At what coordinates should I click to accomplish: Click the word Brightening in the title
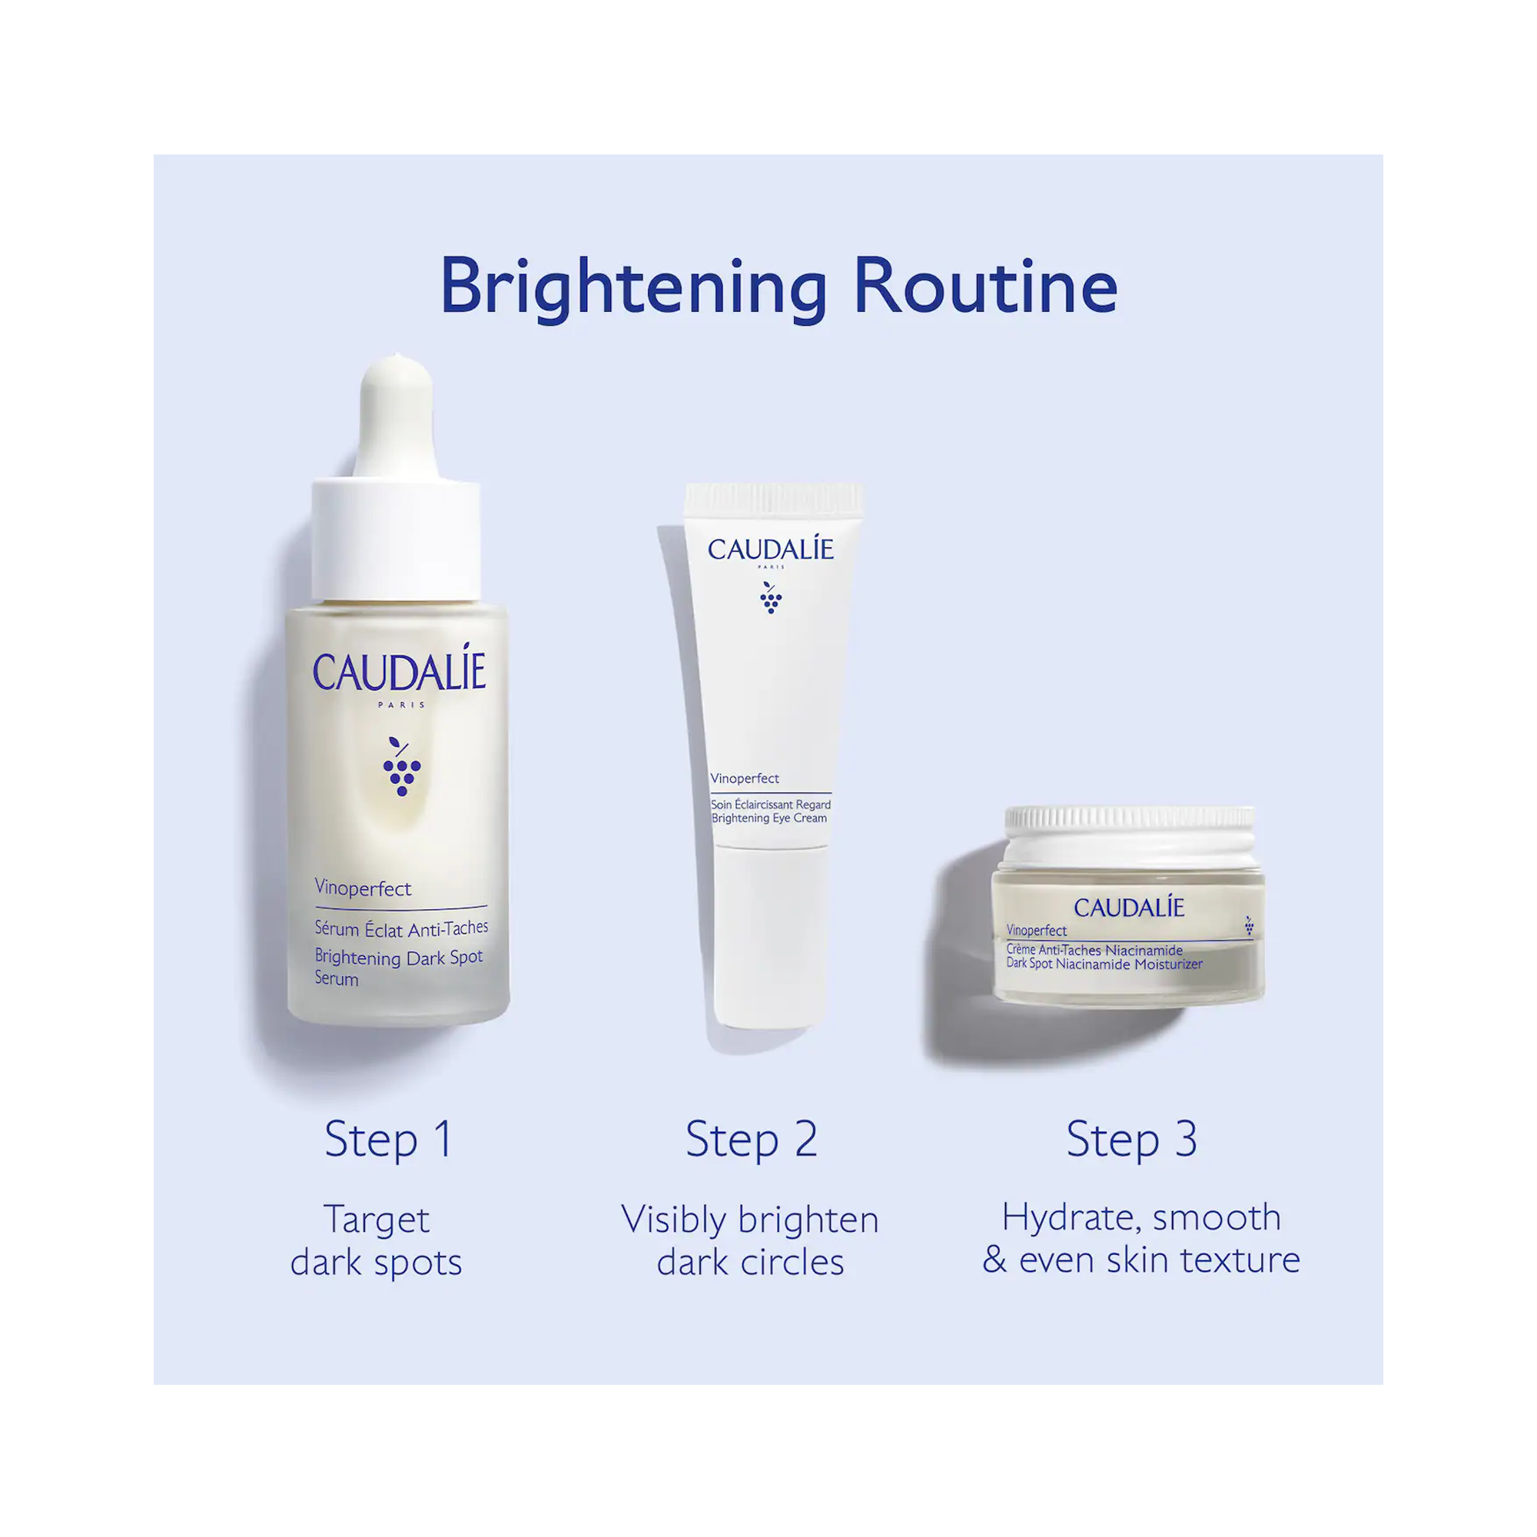(x=634, y=287)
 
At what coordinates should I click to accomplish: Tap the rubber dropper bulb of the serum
(x=397, y=413)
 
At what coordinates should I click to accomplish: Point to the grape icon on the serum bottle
(x=401, y=767)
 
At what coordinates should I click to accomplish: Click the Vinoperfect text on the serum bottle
(x=363, y=888)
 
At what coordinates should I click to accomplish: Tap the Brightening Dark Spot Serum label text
(x=398, y=967)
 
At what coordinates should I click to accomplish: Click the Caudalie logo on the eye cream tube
(x=770, y=549)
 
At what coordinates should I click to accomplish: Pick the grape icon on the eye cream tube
(x=770, y=597)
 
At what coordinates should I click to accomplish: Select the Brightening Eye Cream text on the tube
(x=768, y=818)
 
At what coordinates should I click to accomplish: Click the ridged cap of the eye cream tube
(x=773, y=500)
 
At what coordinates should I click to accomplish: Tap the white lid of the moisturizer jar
(x=1129, y=836)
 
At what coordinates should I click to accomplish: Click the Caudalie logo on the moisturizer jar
(x=1129, y=907)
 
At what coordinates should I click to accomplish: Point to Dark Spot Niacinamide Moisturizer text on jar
(x=1104, y=964)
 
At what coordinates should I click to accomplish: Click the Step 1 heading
(x=389, y=1139)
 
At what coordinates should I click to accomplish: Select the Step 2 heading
(x=751, y=1139)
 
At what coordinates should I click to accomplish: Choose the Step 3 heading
(x=1131, y=1139)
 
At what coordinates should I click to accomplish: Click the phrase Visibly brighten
(x=749, y=1220)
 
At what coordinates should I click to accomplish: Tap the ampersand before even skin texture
(x=994, y=1260)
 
